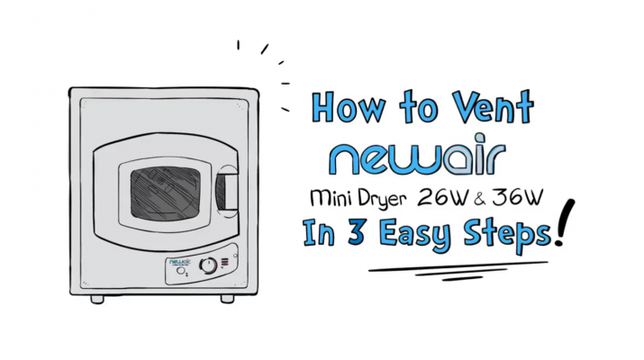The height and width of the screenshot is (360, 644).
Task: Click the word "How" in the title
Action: pos(348,107)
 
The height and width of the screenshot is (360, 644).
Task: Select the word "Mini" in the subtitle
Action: pos(331,198)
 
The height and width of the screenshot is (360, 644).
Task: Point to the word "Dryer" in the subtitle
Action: pos(383,200)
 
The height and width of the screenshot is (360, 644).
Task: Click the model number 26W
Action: pos(443,197)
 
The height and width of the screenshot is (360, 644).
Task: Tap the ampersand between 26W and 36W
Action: pos(480,199)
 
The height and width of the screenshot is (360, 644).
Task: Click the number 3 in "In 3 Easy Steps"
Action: pos(355,232)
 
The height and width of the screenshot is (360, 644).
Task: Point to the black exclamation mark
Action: pos(565,223)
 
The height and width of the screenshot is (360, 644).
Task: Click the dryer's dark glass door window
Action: pos(165,193)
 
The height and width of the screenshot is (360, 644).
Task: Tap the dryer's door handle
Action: pos(227,192)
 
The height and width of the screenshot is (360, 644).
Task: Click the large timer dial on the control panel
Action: pos(208,265)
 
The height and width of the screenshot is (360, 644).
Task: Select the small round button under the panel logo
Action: pos(180,271)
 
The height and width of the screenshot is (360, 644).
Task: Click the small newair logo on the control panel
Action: pos(180,262)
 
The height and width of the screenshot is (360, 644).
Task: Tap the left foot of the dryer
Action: pos(97,299)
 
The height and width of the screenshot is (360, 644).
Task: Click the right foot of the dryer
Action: pos(227,299)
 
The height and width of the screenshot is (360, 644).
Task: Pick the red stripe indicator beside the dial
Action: pos(224,262)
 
